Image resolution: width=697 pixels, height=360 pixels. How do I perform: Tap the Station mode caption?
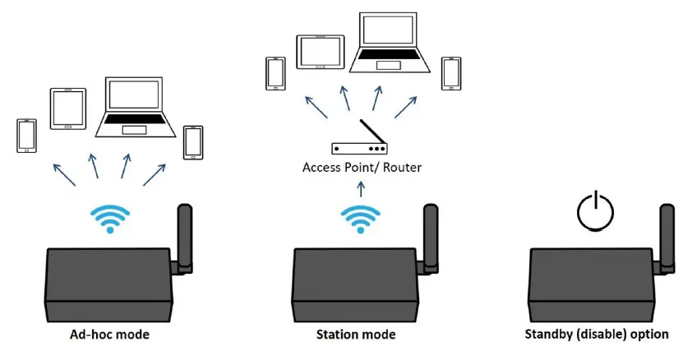pos(356,335)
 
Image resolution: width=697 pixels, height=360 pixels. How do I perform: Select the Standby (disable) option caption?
pos(597,335)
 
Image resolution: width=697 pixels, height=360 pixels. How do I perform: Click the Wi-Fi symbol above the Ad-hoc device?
pos(108,218)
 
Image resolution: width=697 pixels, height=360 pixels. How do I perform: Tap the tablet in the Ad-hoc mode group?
pos(68,108)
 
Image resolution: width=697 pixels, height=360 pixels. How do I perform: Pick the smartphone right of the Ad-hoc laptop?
pos(193,143)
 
